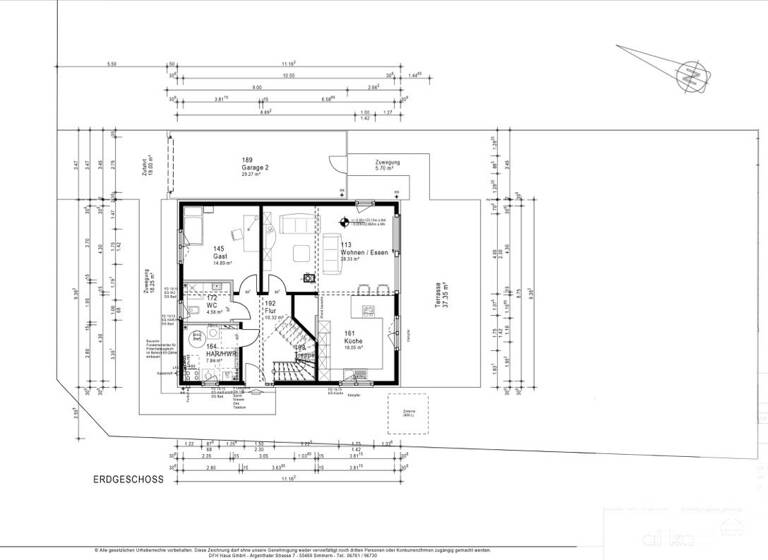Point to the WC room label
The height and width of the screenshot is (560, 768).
(x=212, y=306)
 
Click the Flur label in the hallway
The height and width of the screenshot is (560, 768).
(x=269, y=311)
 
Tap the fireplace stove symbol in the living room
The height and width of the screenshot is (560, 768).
(x=311, y=278)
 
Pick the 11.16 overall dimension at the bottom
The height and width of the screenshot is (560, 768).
(x=290, y=479)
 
